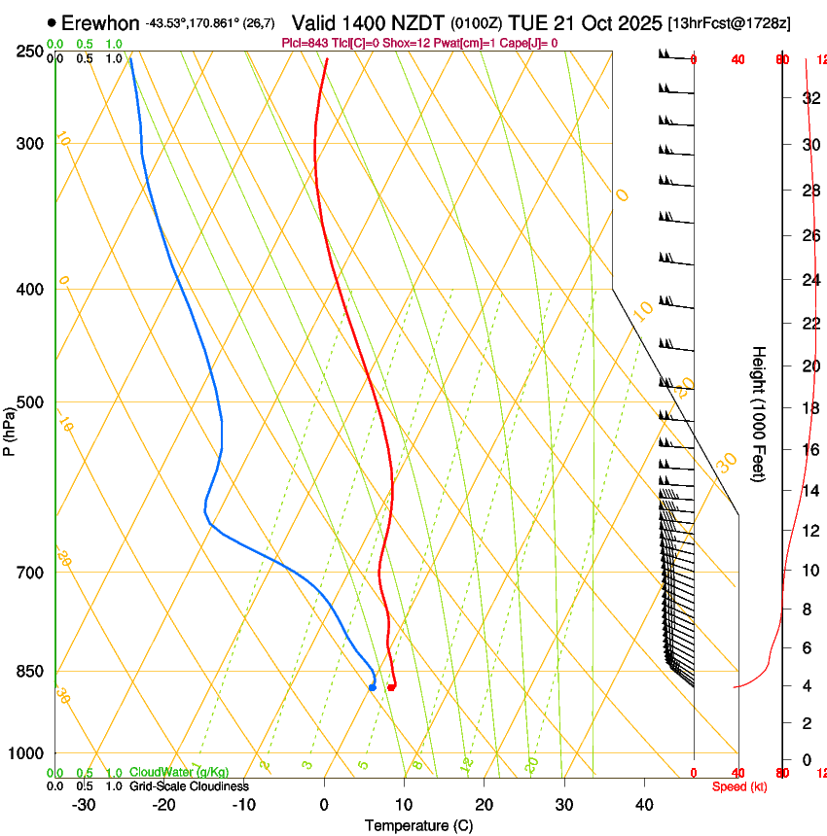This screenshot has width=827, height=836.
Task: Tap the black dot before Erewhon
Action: tap(52, 22)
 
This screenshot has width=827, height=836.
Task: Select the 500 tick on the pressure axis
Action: tap(29, 402)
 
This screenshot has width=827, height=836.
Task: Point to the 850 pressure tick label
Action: tap(29, 671)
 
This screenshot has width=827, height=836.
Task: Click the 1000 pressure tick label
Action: tap(25, 753)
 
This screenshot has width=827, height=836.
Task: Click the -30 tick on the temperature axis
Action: tap(84, 804)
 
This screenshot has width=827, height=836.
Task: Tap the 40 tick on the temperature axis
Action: tap(644, 804)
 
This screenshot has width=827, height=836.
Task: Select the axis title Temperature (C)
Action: tap(418, 825)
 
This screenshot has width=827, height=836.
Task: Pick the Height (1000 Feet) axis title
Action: tap(760, 413)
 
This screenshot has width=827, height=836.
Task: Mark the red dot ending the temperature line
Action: tap(391, 687)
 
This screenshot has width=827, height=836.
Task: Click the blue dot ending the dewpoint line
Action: tap(373, 687)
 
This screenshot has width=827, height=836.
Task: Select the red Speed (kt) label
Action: tap(739, 786)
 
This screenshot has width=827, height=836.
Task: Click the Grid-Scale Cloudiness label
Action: tap(189, 786)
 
